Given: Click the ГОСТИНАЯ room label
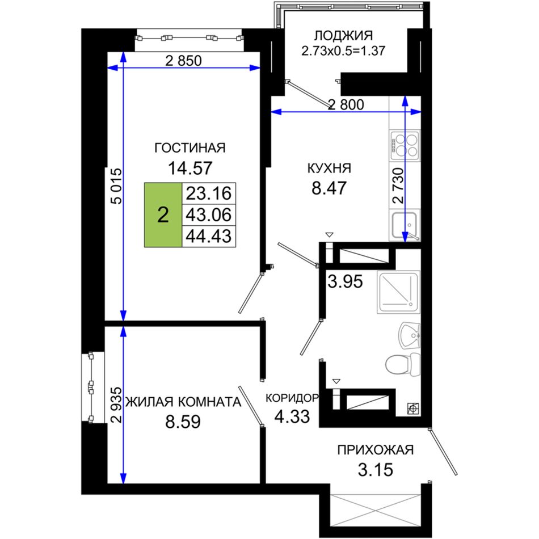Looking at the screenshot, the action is coord(190,148).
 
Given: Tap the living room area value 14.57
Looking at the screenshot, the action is coord(190,168).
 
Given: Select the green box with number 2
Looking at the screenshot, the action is coord(163,215).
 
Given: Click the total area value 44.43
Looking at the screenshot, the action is coord(209,236).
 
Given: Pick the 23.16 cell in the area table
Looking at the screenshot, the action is coord(209,193).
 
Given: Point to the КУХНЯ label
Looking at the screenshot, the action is coord(329,169).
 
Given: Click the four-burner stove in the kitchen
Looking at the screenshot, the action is coord(405,145).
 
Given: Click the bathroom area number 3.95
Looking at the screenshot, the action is coord(345,281).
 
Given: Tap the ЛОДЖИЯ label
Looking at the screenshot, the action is coord(343,36).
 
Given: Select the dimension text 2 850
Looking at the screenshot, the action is coord(184,61).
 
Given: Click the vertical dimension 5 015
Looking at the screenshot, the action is coord(117,186).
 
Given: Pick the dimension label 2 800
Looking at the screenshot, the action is coord(346,104).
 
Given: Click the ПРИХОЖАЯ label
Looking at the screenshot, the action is coord(376,449).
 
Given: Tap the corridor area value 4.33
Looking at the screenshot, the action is coord(292,416).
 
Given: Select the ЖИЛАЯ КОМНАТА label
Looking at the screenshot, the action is coord(183,402).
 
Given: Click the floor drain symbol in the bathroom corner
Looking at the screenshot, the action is coord(412,409).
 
